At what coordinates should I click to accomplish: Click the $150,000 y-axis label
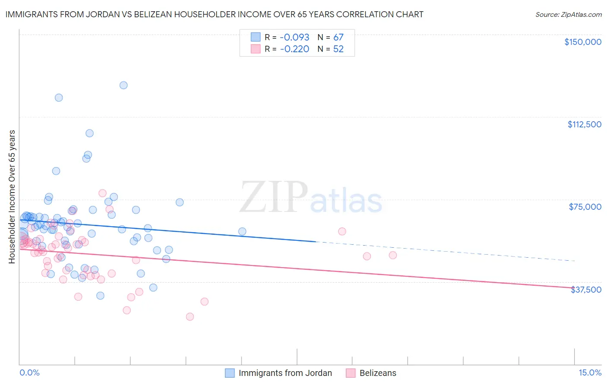tap(582, 42)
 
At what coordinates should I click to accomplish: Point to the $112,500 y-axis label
tap(584, 124)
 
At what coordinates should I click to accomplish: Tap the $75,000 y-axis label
tap(585, 207)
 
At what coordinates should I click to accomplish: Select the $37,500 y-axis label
tap(586, 290)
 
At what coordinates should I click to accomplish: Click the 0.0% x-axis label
tap(29, 373)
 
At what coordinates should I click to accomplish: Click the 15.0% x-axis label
tap(590, 373)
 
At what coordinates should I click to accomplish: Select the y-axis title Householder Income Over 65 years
tap(12, 196)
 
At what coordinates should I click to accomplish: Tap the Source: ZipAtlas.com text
tap(568, 14)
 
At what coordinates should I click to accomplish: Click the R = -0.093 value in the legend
tap(287, 37)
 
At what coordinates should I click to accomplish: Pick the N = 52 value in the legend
tap(331, 49)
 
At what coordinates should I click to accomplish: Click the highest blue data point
tap(123, 85)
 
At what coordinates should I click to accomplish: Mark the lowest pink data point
tap(190, 317)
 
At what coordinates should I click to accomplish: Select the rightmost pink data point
tap(393, 255)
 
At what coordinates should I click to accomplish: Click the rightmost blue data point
tap(242, 231)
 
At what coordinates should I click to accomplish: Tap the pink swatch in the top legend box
tap(256, 49)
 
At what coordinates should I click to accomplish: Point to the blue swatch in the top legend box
tap(256, 37)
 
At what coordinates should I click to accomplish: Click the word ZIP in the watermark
tap(273, 198)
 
